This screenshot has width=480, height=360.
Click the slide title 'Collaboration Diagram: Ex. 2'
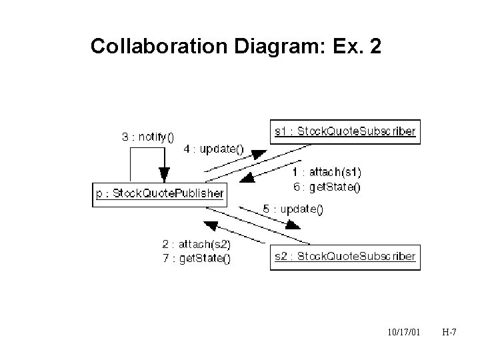pyautogui.click(x=236, y=47)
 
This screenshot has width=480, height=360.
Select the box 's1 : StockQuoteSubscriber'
pyautogui.click(x=345, y=131)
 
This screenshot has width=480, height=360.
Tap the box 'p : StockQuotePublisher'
pyautogui.click(x=159, y=195)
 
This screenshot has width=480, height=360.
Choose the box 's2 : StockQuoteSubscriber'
pyautogui.click(x=345, y=256)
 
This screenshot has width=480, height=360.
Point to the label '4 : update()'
pyautogui.click(x=213, y=149)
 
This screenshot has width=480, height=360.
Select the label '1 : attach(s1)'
pyautogui.click(x=327, y=173)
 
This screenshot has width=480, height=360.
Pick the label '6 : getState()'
pyautogui.click(x=327, y=187)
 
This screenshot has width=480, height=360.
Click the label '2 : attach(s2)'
pyautogui.click(x=196, y=245)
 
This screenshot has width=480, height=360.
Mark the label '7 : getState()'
pyautogui.click(x=196, y=259)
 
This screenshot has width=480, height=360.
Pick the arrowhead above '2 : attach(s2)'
pyautogui.click(x=211, y=225)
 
